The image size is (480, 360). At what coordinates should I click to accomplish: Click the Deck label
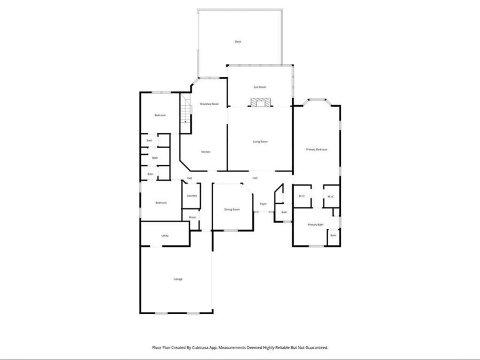pos(238,41)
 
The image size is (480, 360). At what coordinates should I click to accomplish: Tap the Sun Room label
pos(259,86)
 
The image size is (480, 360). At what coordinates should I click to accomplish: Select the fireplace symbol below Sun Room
pos(260,102)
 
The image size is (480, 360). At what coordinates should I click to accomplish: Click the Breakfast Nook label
pos(209,103)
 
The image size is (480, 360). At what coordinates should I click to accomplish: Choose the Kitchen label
pos(205,152)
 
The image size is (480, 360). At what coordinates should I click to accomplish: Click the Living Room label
pos(260,141)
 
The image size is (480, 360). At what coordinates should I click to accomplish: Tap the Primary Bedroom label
pos(316,149)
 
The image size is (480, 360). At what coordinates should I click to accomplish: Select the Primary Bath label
pos(315,225)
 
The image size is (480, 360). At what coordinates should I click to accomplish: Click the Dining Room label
pos(231,209)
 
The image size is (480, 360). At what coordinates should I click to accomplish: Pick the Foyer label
pos(263,204)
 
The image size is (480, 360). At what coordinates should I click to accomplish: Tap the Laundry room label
pos(192,195)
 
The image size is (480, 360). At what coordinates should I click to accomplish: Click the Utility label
pos(165,235)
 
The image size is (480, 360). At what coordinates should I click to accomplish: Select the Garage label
pos(178,279)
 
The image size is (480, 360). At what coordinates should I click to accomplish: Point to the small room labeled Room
pos(193,217)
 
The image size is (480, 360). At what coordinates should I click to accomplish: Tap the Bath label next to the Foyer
pos(284,212)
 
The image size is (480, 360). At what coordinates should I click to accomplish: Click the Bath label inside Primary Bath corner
pos(333,235)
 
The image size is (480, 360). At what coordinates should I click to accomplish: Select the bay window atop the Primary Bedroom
pos(316,99)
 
